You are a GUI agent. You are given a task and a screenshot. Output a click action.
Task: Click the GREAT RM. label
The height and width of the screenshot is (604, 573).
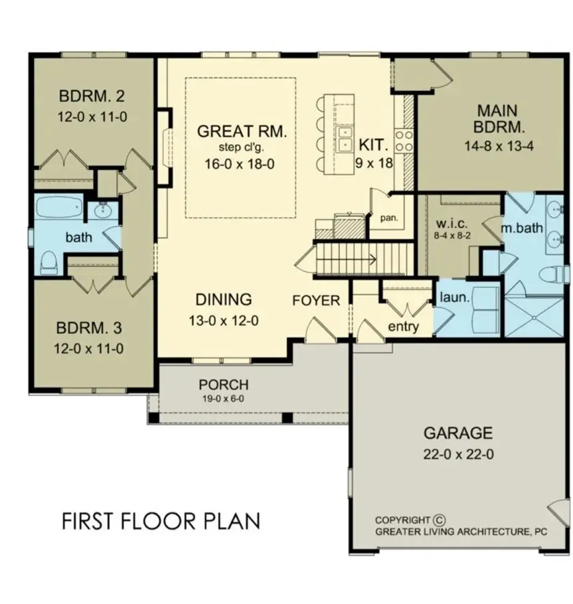point(242,131)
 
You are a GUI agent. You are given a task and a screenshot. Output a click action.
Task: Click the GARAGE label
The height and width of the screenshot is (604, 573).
point(458,433)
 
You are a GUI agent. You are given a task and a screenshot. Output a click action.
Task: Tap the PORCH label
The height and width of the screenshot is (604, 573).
point(224,385)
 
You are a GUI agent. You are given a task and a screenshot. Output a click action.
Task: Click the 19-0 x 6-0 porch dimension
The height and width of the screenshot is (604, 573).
point(224,400)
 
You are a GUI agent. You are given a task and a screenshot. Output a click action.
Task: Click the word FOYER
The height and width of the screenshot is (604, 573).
point(316,301)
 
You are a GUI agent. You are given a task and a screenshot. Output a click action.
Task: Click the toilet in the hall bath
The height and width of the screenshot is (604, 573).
point(48,262)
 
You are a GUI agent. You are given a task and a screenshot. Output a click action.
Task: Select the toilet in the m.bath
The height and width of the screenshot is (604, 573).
point(550,274)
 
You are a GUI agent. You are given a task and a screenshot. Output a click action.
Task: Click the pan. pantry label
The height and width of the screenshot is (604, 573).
point(388,217)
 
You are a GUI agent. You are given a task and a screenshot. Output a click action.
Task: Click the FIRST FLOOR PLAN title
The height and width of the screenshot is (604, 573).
point(161,521)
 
